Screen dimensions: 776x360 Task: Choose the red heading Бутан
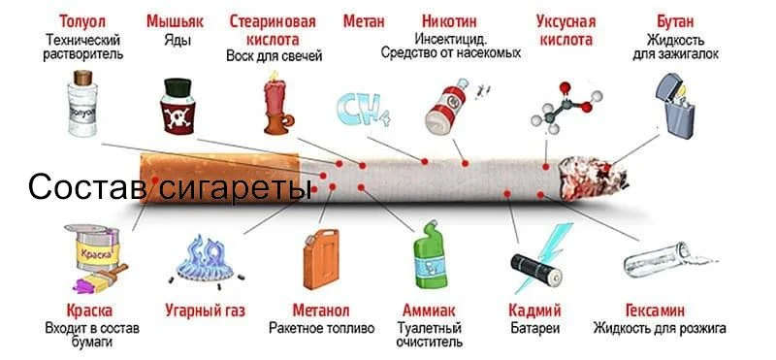(x=675, y=20)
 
